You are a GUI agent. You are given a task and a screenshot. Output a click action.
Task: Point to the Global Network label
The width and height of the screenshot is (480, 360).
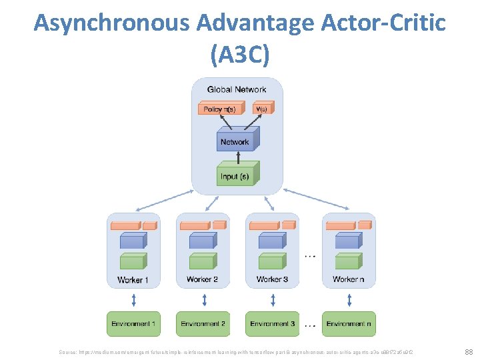coord(237,89)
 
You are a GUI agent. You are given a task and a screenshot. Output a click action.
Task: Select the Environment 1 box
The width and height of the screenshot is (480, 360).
coord(133,324)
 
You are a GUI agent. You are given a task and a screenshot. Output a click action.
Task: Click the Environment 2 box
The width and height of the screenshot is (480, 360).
coord(203,324)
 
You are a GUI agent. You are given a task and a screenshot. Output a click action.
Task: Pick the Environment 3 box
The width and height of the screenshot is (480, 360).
coord(272,324)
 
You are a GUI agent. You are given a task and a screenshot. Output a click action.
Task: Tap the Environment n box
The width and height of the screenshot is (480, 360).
coord(348,324)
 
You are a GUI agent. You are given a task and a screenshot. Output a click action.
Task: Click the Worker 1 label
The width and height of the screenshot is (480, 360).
coord(133,279)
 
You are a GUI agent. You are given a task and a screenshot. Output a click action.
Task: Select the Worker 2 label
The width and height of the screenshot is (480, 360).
coord(203,279)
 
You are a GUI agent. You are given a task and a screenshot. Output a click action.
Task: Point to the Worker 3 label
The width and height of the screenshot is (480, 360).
coord(272,279)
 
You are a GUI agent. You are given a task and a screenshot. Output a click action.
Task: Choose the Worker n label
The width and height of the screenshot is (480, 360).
coord(348,279)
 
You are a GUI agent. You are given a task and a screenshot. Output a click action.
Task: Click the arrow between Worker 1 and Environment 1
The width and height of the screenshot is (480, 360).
coord(133,299)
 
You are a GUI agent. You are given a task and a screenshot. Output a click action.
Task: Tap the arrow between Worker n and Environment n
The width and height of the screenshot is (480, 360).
coord(348,299)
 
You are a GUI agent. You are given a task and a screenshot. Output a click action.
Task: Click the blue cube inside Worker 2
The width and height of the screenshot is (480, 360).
coord(203,241)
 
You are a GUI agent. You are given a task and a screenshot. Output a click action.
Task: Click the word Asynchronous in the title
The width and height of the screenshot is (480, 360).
coord(111,23)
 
